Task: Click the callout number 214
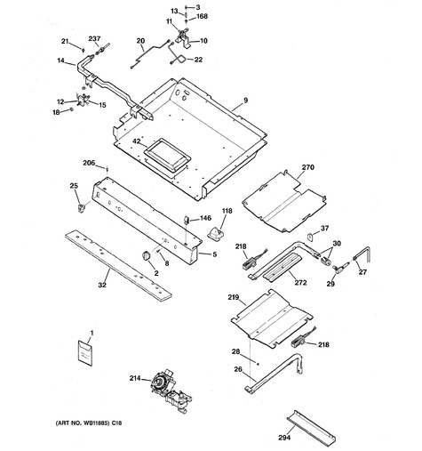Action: coord(134,378)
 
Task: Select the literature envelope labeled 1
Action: coord(84,352)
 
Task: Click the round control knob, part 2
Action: coord(146,255)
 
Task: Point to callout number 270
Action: coord(308,167)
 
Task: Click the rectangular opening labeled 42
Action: coord(167,155)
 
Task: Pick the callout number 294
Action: coord(284,437)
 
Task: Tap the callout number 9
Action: coord(245,101)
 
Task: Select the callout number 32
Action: coord(102,285)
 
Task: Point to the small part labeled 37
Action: coord(310,237)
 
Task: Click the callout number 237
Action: coord(94,38)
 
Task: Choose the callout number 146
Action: coord(205,218)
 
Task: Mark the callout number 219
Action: coord(234,297)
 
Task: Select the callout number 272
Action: coord(300,282)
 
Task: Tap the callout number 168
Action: coord(203,16)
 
